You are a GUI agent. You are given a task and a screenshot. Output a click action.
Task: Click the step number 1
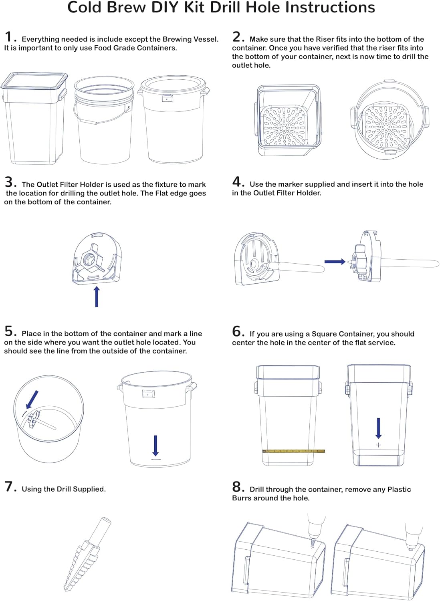[9, 37]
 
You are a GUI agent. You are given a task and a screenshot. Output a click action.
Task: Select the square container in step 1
[34, 118]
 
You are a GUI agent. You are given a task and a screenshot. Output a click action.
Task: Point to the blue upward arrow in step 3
[97, 297]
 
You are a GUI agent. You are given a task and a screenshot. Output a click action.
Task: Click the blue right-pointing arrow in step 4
[335, 262]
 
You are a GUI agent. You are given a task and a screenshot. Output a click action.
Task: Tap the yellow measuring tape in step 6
[293, 451]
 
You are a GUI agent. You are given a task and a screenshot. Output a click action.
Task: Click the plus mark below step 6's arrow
[378, 445]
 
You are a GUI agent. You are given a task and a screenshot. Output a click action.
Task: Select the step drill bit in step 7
[86, 555]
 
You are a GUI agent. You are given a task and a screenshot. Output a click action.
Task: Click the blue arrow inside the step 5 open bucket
[32, 399]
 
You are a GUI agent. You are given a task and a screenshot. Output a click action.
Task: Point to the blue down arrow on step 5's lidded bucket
[156, 446]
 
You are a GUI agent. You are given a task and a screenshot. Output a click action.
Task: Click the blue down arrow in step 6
[378, 428]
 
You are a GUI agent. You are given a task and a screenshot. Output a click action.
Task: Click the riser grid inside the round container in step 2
[386, 125]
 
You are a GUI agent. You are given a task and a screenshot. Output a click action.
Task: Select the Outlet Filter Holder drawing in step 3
[97, 258]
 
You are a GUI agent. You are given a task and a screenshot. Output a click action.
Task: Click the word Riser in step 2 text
[325, 39]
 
